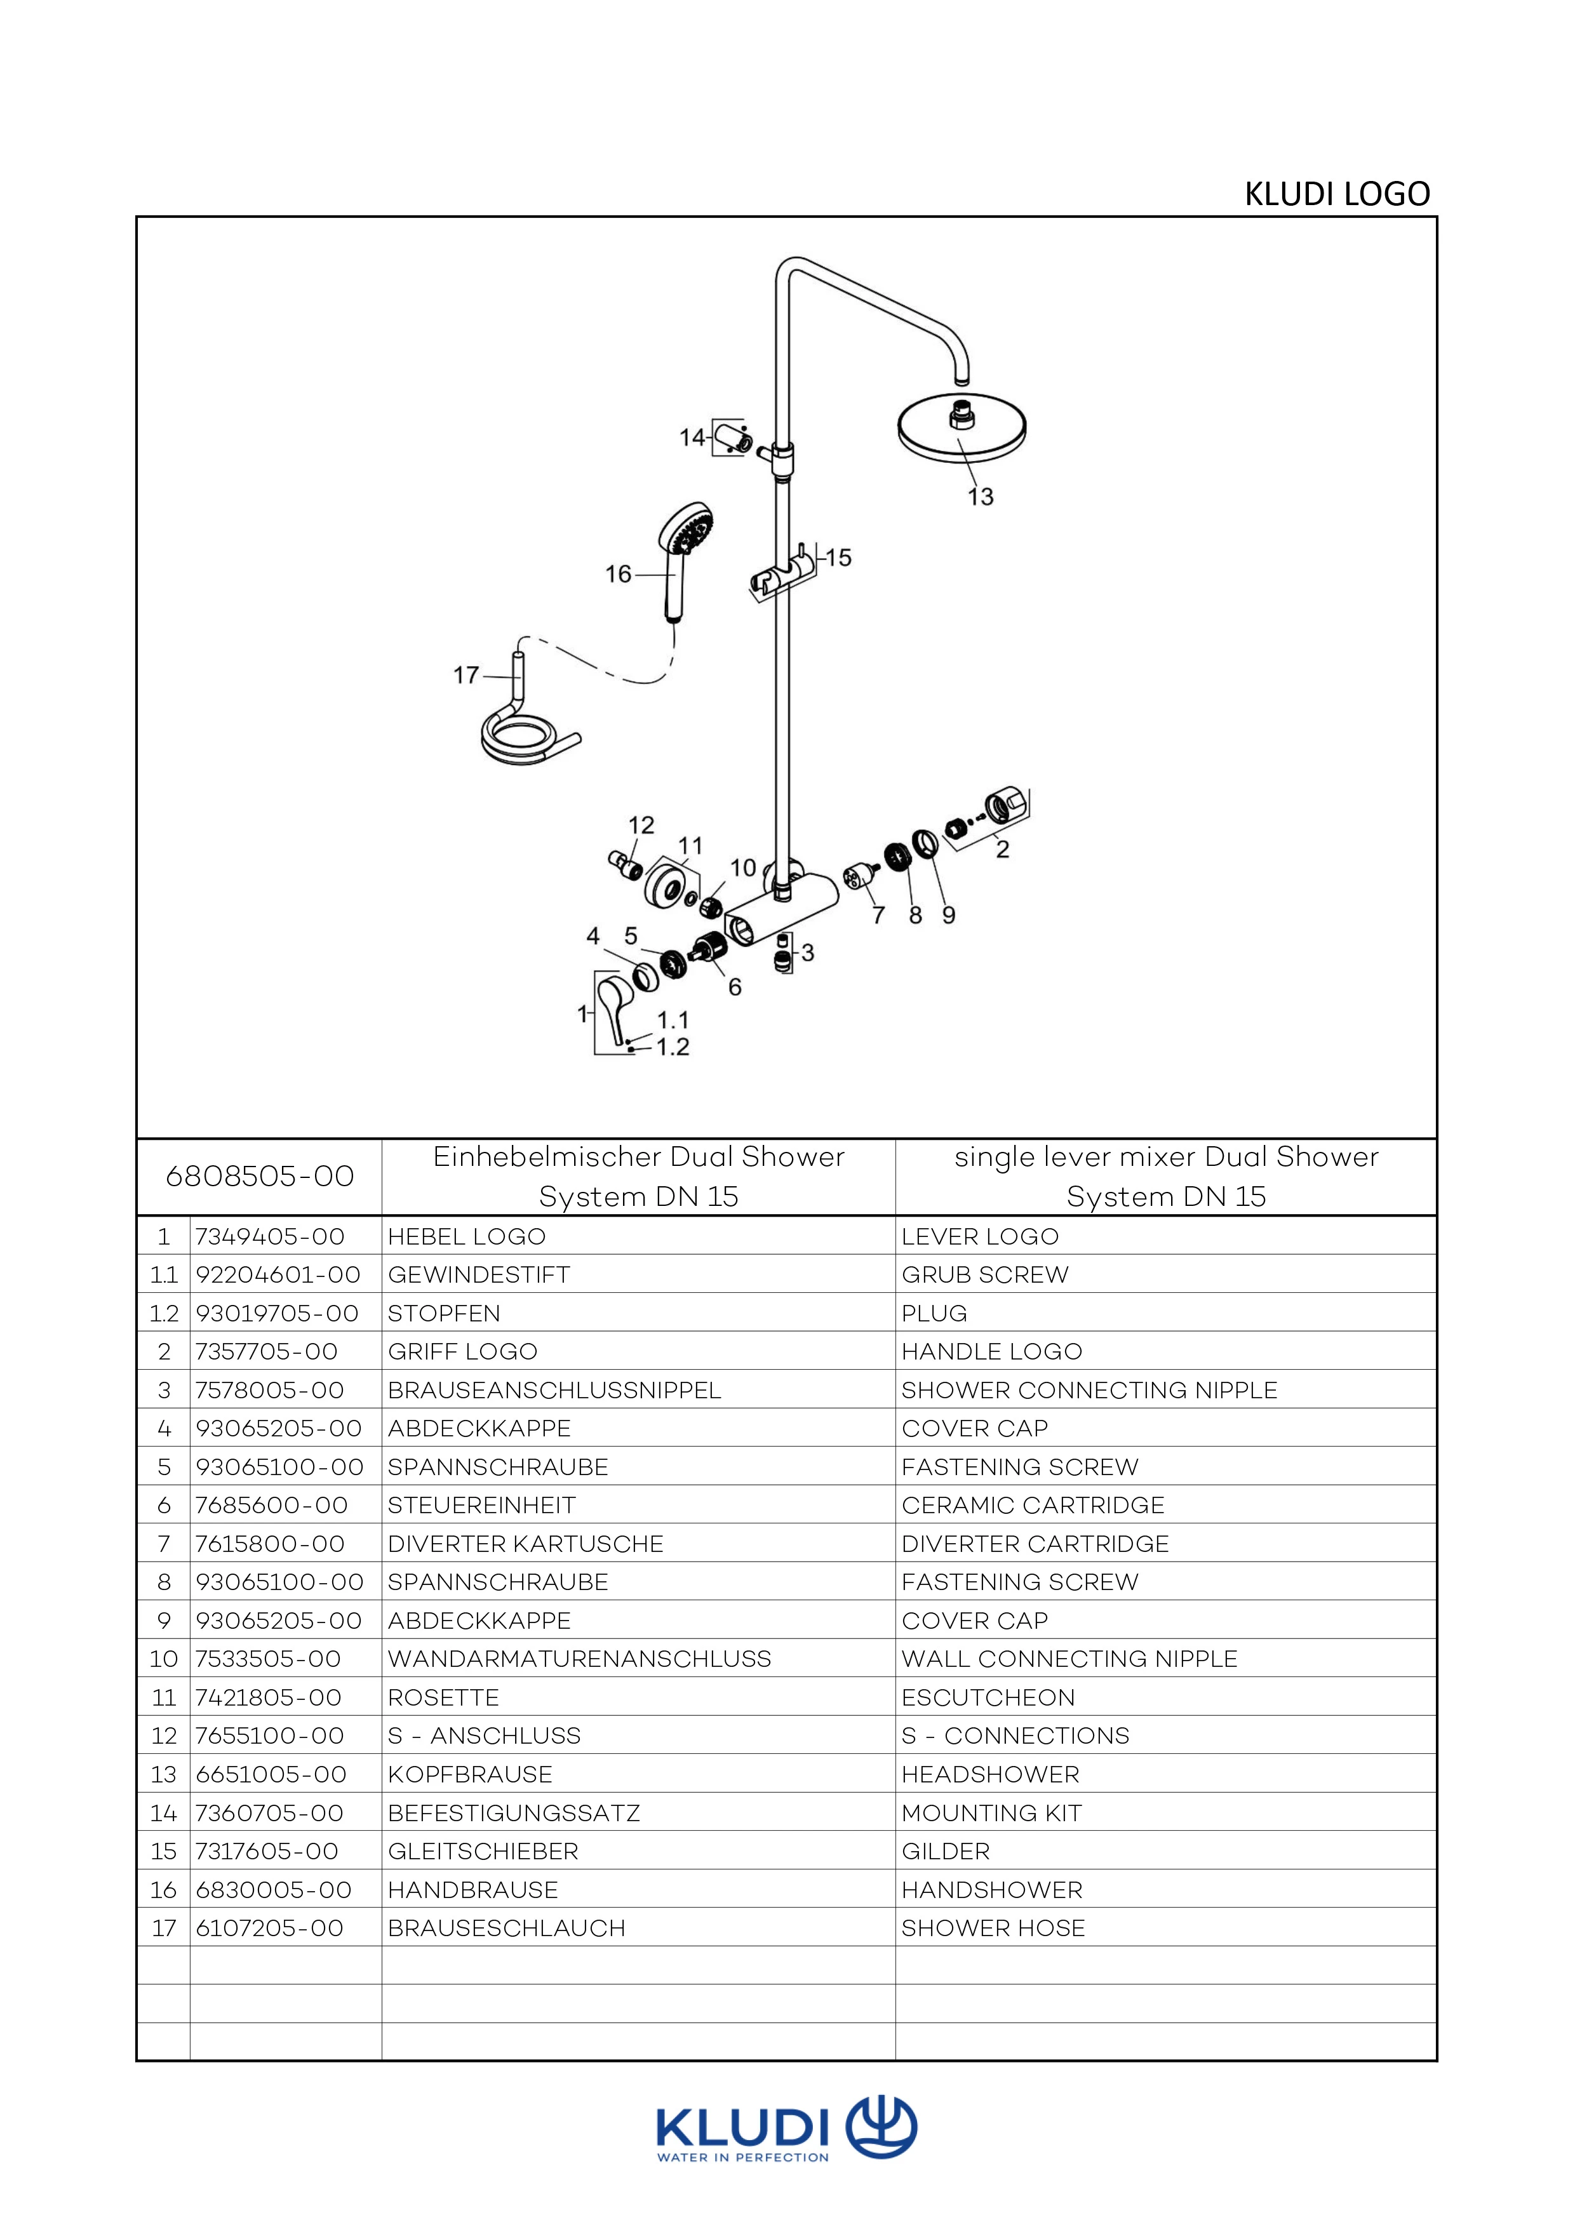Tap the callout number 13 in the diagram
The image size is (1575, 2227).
(x=981, y=497)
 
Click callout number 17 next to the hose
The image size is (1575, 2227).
(x=467, y=674)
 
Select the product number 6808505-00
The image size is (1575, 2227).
(x=259, y=1177)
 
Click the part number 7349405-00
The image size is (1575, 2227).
(x=270, y=1236)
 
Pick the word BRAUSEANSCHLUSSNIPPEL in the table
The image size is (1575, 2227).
(x=554, y=1390)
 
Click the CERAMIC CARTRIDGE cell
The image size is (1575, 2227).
(x=1032, y=1506)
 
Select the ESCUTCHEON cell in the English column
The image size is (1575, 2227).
(x=988, y=1697)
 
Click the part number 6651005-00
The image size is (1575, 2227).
(x=271, y=1774)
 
